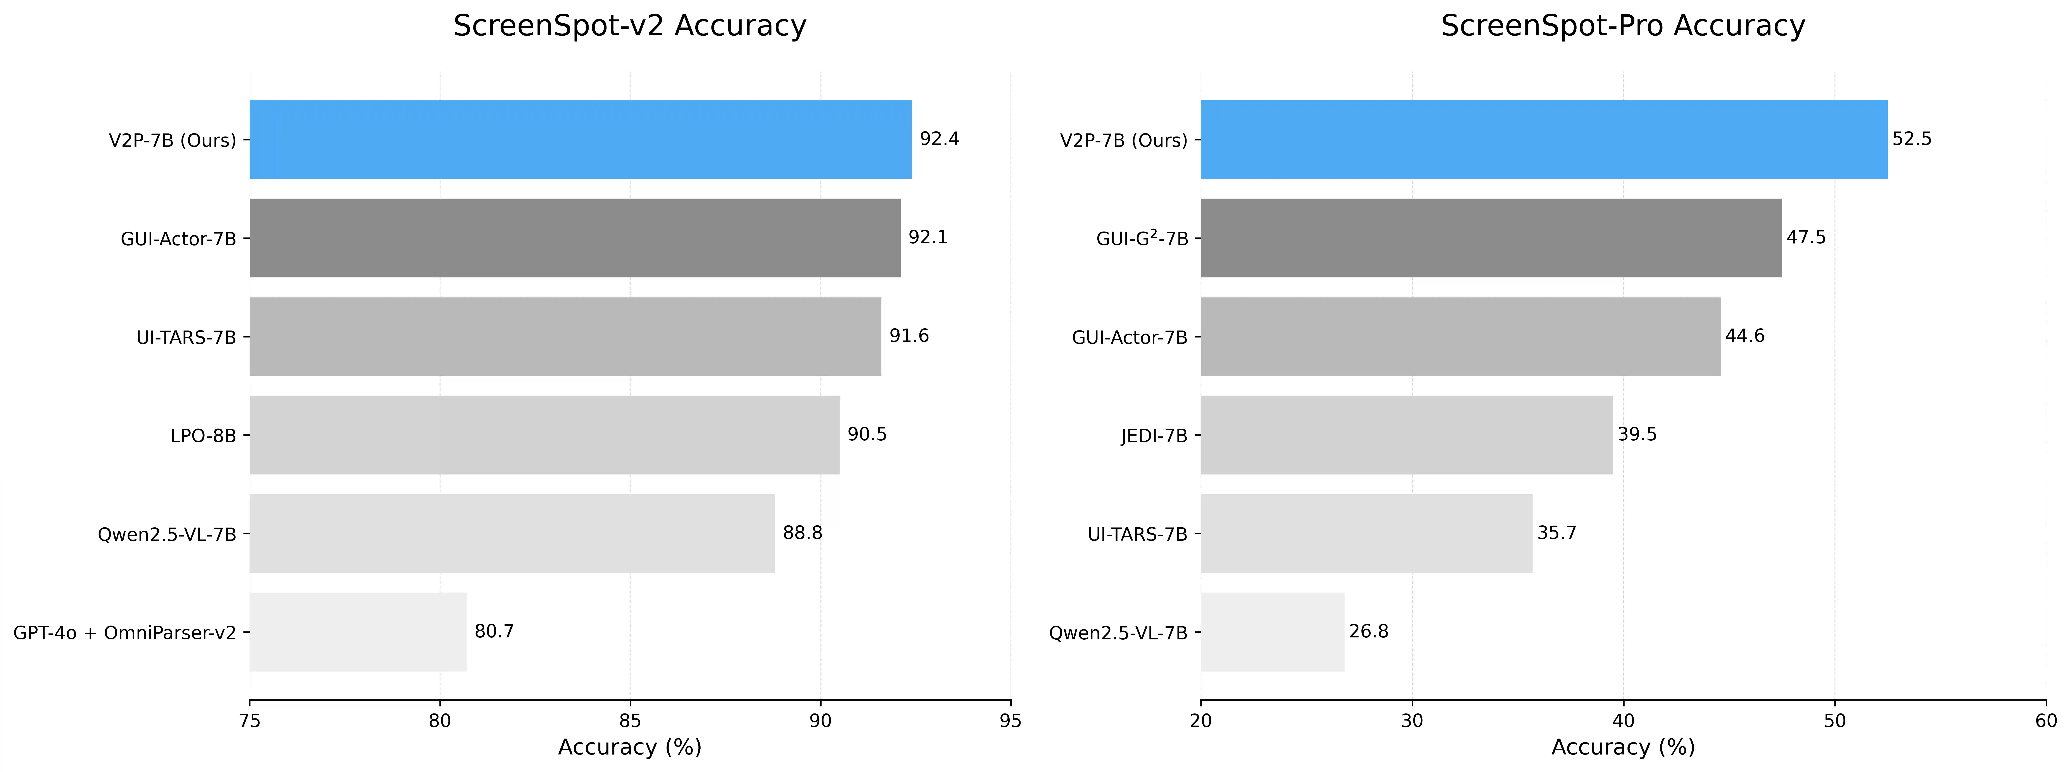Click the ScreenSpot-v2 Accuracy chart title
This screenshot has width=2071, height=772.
[629, 26]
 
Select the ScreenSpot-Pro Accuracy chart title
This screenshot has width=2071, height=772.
[1622, 26]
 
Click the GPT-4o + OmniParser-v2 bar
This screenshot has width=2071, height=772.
[358, 632]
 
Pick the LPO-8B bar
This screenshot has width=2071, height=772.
[544, 435]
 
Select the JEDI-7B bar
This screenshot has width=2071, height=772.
[1406, 435]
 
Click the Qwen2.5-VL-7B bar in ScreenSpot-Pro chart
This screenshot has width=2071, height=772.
[1272, 632]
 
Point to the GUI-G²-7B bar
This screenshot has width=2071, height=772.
[1491, 238]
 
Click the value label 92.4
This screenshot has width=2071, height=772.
[939, 139]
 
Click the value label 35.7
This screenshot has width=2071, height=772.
[1556, 533]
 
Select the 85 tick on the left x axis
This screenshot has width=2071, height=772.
[629, 720]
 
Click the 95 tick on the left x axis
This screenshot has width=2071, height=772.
[1010, 720]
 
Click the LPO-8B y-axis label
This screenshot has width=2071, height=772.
[203, 436]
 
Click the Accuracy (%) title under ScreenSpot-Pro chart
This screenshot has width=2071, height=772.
[1622, 747]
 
